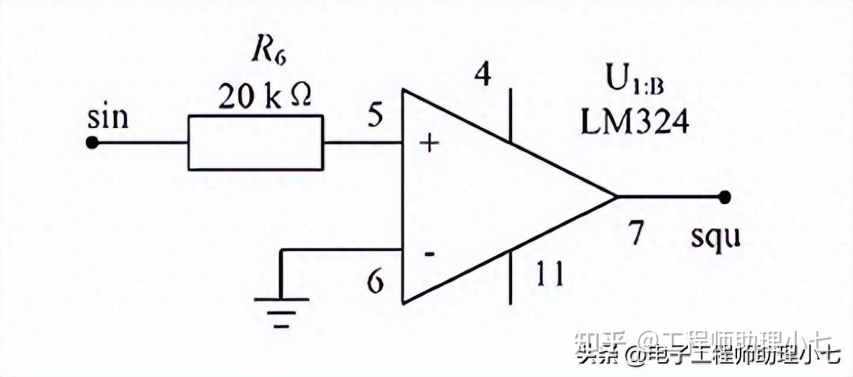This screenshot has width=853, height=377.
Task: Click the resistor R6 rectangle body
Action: [256, 143]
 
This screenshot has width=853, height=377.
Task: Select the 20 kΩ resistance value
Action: [265, 97]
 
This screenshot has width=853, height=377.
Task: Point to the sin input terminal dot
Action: [91, 143]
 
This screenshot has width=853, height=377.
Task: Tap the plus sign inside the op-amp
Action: [429, 144]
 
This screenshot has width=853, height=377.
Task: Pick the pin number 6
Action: [376, 283]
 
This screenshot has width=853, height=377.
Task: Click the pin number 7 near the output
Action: [636, 233]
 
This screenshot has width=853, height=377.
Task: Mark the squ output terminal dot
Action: [725, 197]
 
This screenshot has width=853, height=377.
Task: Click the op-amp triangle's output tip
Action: [616, 197]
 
